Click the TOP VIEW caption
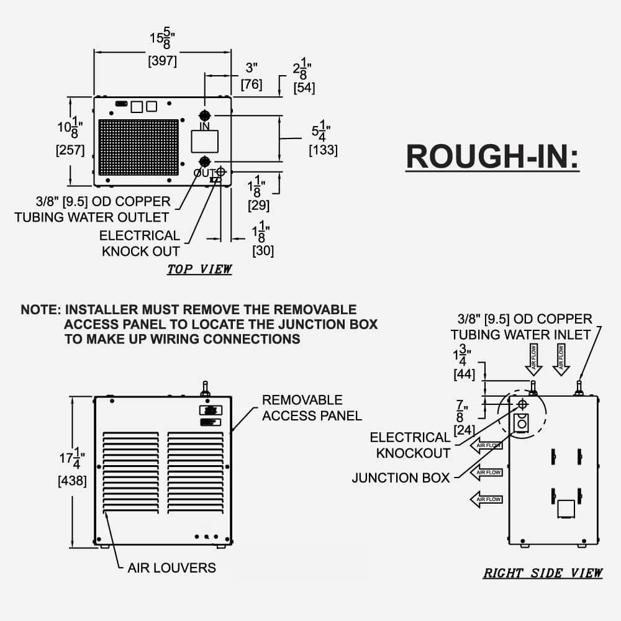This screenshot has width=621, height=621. pos(199,270)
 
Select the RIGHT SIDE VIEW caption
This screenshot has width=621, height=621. pos(543,573)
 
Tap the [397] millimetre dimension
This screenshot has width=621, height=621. pos(163,61)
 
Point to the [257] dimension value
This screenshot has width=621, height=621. pos(71,150)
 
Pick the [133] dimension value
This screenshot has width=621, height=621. pos(323,150)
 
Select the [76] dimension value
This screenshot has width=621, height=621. pos(252,84)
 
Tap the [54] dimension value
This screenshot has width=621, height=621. pos(304,88)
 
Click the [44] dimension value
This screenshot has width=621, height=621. pos(465,374)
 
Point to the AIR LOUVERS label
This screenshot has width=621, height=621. pos(172,568)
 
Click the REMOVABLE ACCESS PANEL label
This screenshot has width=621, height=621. pos(312,407)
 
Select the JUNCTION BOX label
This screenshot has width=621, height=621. pos(401,478)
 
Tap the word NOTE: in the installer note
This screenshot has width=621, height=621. pos(40,309)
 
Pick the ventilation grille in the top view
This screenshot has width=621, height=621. pos(138,148)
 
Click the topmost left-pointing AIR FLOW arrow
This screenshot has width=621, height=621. pos(486,445)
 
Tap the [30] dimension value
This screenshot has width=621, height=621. pos(263,251)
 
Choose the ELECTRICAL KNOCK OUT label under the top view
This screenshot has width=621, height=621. pos(140,243)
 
